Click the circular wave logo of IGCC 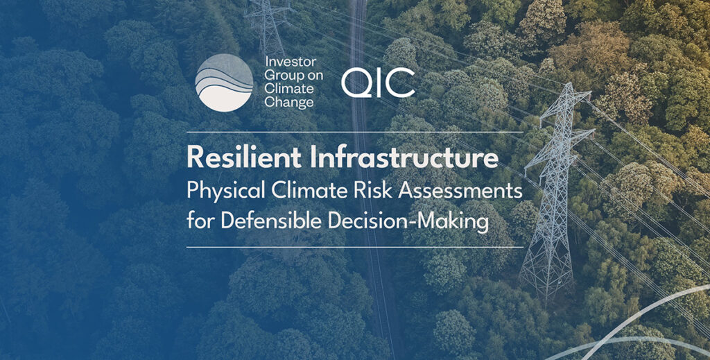[224, 83]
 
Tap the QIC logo [378, 83]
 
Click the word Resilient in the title [244, 157]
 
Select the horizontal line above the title [354, 132]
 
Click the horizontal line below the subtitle [354, 247]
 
